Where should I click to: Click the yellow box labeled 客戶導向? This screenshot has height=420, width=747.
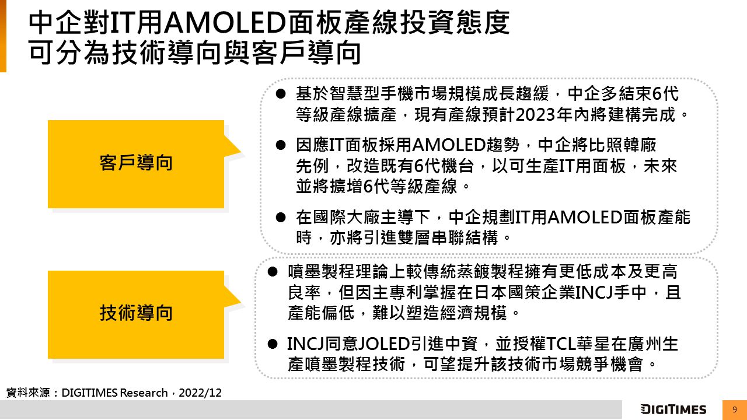click(x=136, y=164)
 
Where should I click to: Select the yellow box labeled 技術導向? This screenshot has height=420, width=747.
click(x=136, y=314)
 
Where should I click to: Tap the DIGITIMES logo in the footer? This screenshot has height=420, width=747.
click(x=673, y=409)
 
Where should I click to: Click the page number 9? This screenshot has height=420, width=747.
click(x=734, y=409)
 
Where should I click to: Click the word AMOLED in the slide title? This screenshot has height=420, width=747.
click(x=225, y=23)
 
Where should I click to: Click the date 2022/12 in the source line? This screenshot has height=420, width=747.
click(x=200, y=393)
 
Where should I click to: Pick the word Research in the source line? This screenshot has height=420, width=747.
click(x=144, y=393)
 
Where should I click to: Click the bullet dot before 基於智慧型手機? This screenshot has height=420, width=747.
click(x=281, y=94)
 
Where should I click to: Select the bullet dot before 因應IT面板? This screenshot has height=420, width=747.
click(x=281, y=145)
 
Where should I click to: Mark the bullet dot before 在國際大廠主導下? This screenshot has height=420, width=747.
click(x=281, y=218)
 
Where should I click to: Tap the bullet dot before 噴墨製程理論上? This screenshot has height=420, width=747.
click(x=273, y=272)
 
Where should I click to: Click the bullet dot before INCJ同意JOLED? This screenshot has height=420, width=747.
click(x=273, y=344)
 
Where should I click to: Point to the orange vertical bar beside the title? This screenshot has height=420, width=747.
click(x=3, y=36)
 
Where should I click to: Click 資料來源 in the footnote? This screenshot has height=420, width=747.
click(x=28, y=393)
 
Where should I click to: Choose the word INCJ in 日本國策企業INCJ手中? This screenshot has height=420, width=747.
click(x=594, y=292)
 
